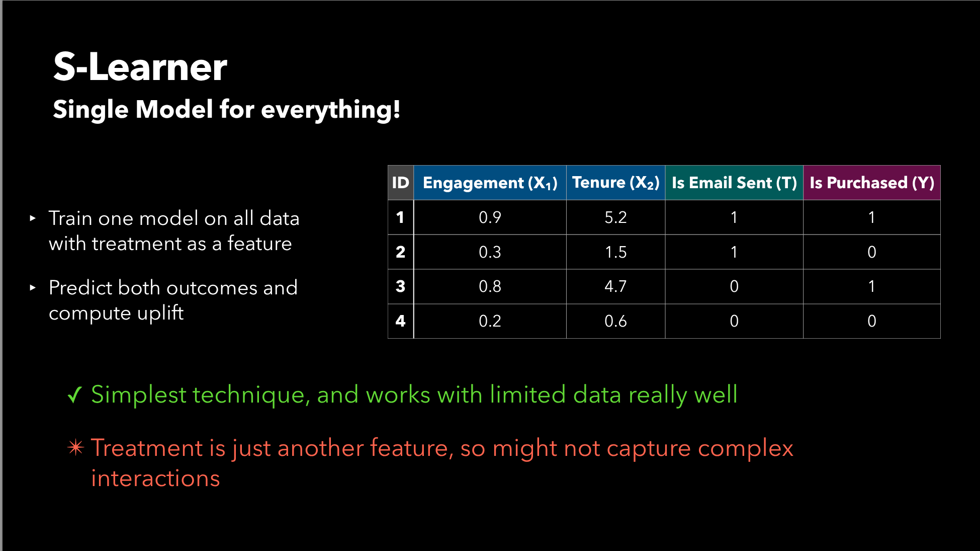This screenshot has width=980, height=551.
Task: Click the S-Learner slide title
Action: point(140,67)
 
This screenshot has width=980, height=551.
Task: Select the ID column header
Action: point(401,183)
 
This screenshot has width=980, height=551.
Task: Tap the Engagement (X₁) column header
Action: point(490,183)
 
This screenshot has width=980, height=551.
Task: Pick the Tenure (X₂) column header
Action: point(616,183)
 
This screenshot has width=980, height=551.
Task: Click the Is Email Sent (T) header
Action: point(734,183)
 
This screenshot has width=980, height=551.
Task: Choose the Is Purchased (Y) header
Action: point(872,183)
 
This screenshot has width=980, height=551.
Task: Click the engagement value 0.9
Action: point(490,217)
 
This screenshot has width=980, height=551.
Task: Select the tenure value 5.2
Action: point(615,217)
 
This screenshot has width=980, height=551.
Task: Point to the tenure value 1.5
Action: point(615,252)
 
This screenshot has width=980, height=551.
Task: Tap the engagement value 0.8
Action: point(490,287)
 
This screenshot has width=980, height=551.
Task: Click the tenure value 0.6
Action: point(615,321)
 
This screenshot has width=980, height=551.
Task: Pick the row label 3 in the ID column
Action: point(400,286)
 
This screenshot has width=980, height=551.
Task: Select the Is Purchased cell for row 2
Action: point(872,252)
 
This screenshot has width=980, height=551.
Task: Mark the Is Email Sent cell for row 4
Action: point(734,321)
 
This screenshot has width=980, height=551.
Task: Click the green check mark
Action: point(74,395)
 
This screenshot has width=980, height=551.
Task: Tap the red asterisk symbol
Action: point(75,447)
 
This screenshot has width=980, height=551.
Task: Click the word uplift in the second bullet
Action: point(160,313)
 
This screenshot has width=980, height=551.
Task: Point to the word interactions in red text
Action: point(155,478)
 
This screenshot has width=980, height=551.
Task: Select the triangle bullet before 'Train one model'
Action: point(33,218)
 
